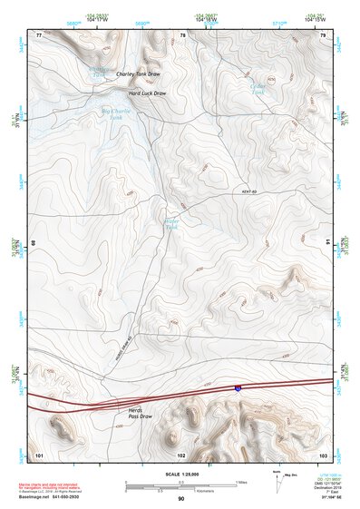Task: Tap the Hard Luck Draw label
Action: pos(147,93)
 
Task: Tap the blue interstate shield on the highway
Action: pos(238,387)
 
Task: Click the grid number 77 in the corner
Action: pos(39,34)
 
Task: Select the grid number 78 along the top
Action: pos(182,34)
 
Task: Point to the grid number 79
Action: pos(323,34)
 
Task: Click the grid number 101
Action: pos(39,454)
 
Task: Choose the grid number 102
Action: pos(181,454)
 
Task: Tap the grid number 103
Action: pos(323,454)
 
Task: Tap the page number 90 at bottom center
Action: pos(180,499)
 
